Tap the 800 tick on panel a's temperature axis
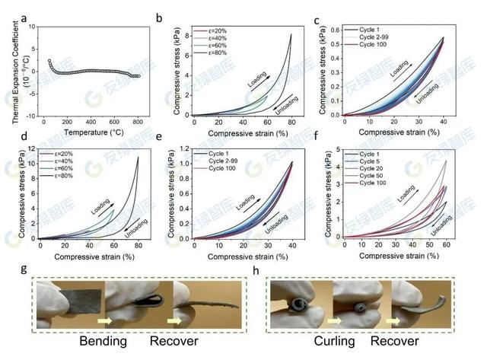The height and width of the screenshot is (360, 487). pos(138,121)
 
